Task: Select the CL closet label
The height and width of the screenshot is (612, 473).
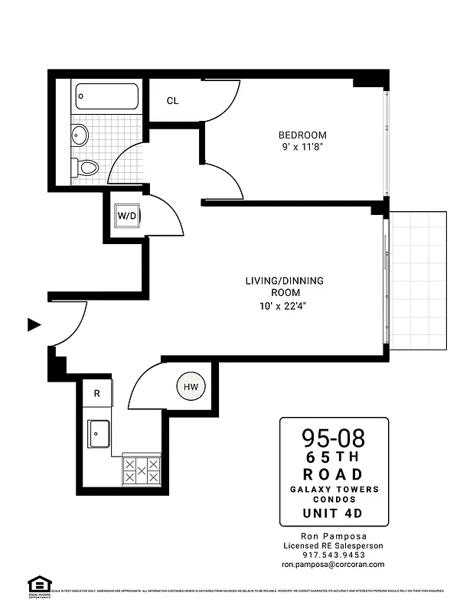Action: [x=173, y=101]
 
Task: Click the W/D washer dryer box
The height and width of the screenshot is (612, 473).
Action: [x=126, y=216]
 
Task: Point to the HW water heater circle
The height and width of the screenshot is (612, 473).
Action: [x=191, y=387]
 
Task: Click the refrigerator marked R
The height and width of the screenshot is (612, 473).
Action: [x=97, y=393]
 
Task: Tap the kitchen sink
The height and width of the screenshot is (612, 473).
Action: [x=99, y=434]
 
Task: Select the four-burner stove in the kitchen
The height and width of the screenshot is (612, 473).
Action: [x=142, y=470]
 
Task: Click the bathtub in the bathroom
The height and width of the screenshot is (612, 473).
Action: [x=106, y=97]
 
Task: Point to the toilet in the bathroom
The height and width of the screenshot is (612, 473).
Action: [x=87, y=166]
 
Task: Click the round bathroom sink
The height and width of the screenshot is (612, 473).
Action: [x=80, y=135]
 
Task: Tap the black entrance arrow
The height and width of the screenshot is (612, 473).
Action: [x=34, y=324]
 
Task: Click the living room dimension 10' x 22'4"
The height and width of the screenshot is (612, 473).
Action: [x=284, y=305]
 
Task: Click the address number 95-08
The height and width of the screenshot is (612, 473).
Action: [x=333, y=438]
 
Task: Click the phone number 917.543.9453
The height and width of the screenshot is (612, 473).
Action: [x=333, y=555]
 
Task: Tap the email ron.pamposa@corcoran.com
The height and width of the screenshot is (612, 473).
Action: [x=333, y=565]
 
